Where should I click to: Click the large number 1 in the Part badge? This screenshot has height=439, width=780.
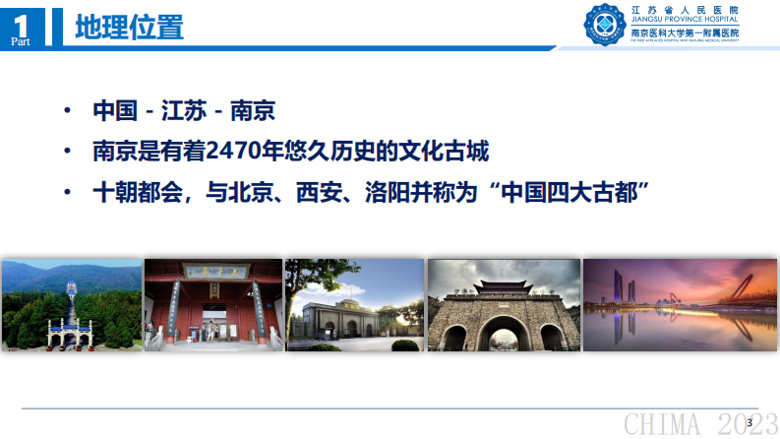[x=22, y=20]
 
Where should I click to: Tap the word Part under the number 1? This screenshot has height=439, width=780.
[x=21, y=40]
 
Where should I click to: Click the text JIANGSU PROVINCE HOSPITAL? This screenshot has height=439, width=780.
[x=685, y=22]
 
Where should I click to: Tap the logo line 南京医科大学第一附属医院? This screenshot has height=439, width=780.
[x=685, y=32]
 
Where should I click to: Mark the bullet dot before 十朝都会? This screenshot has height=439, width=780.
[x=67, y=190]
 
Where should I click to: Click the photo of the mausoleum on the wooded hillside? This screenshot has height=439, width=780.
[x=71, y=304]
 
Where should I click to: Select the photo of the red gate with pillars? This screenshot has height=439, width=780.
[x=212, y=304]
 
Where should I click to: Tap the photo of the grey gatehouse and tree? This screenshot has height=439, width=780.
[x=353, y=304]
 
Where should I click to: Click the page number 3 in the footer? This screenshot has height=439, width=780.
[x=750, y=422]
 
